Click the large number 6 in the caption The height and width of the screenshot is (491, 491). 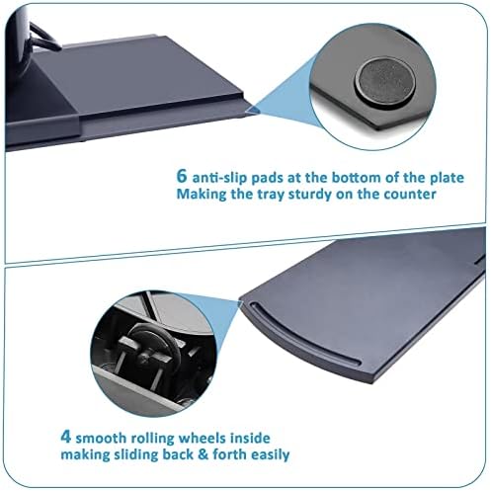click(x=182, y=176)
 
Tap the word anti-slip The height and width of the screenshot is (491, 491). click(x=219, y=178)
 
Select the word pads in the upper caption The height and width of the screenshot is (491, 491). click(x=267, y=178)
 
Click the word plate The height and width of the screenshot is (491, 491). click(x=447, y=178)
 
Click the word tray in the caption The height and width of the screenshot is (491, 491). click(x=271, y=195)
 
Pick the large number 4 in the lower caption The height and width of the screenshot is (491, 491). click(x=66, y=437)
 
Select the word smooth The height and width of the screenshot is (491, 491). click(x=101, y=439)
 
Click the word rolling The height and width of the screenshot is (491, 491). click(x=152, y=439)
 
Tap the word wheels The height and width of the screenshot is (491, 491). click(x=202, y=439)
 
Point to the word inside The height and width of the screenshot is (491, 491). click(x=250, y=439)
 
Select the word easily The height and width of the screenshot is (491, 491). click(x=271, y=455)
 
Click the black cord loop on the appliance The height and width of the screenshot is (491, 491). click(x=42, y=37)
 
